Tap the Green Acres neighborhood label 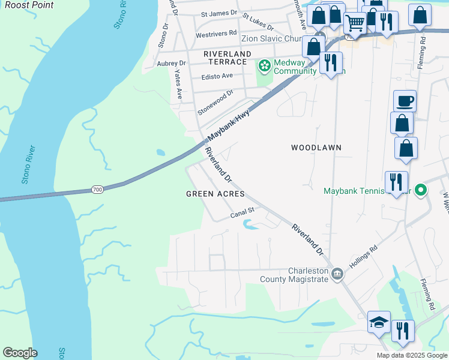215,194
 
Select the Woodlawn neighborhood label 316,147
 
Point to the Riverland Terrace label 226,58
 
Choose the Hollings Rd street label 364,256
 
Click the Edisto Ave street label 217,76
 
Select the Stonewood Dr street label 215,103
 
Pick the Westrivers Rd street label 216,34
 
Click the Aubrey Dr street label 171,63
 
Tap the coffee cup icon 405,100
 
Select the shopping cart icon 355,23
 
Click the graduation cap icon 379,322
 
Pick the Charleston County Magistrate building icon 338,274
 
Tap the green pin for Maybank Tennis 421,191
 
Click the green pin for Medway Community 264,64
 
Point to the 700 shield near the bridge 97,190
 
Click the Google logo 20,353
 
